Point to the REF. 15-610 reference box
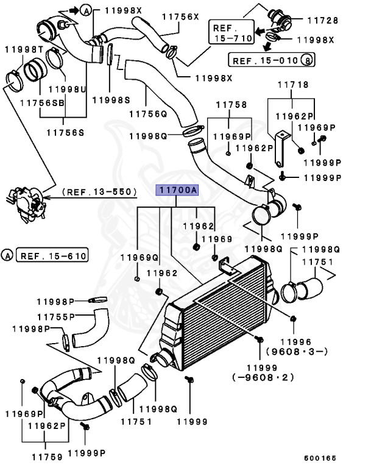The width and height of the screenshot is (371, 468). point(52,254)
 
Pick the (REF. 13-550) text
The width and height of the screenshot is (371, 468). point(98,191)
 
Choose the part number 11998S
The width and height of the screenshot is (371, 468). point(110,99)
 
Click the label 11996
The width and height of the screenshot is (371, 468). point(296,342)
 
